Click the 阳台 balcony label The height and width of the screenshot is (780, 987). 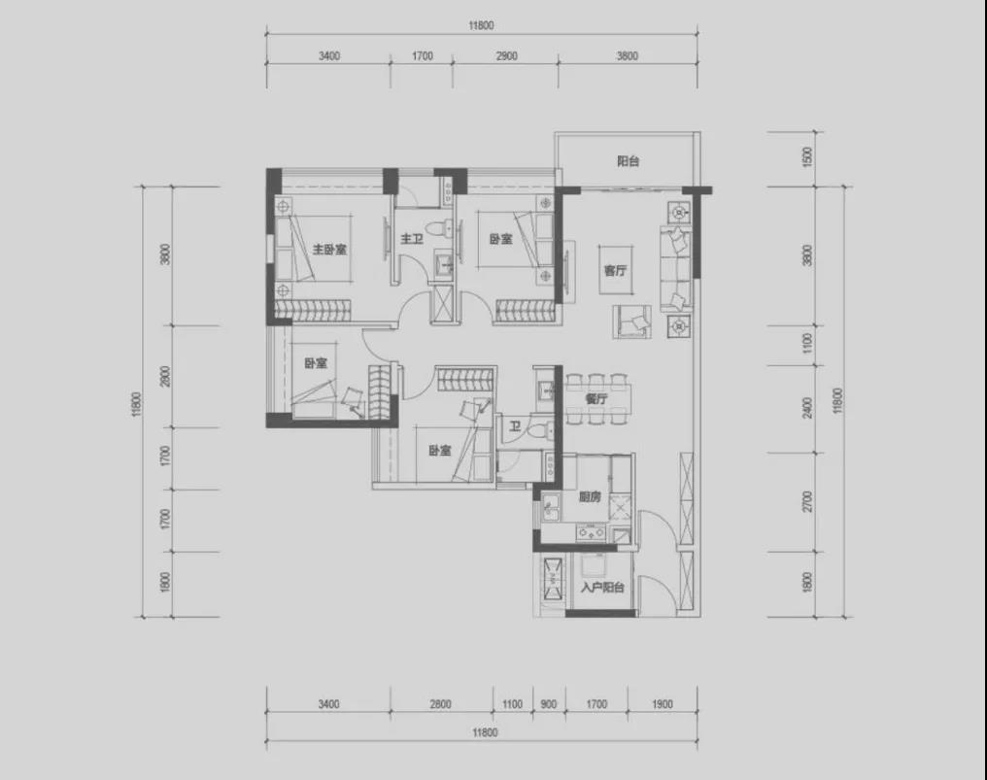coord(628,161)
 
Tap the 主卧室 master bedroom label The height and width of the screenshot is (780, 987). coord(329,250)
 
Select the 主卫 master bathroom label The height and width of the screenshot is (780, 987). coord(412,239)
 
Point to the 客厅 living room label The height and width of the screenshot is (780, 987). coord(615,270)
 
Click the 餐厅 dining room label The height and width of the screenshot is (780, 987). coord(596,398)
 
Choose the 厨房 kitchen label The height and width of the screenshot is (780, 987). coord(590,496)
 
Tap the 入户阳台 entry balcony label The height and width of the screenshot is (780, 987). coord(601,588)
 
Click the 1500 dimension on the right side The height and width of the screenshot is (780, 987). coord(808,156)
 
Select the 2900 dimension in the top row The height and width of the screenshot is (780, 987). coord(506,56)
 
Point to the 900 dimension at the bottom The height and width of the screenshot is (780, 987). coord(548,704)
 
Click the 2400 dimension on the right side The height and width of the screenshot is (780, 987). coord(808,408)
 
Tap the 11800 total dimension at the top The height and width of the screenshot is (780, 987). coord(481,26)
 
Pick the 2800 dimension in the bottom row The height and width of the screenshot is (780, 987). coord(441,704)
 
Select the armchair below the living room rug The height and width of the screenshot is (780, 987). coord(632,321)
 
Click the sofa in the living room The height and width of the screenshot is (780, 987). coord(675,269)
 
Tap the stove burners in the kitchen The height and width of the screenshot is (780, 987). coord(591,534)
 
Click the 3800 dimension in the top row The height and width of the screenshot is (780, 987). coord(627,56)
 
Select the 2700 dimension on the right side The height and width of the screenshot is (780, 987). coord(808,502)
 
